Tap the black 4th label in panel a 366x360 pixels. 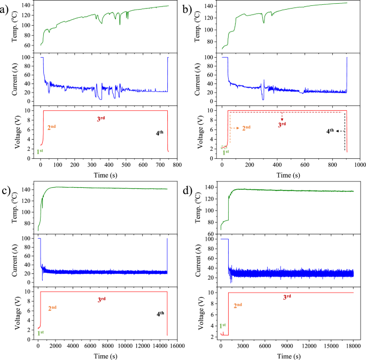point(160,132)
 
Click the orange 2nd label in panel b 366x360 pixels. point(247,128)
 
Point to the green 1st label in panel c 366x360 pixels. point(40,333)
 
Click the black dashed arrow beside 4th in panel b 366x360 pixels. point(339,131)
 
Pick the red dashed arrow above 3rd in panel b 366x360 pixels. point(282,117)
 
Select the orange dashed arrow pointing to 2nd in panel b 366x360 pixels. point(233,128)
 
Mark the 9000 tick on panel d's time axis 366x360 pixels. point(287,346)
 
